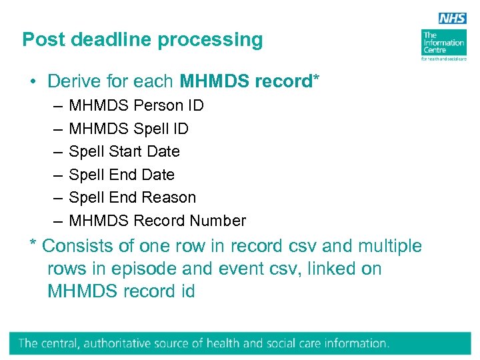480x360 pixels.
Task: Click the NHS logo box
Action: click(x=452, y=19)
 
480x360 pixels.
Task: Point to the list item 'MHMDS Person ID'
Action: click(x=136, y=105)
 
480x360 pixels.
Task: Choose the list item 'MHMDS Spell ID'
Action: click(x=129, y=129)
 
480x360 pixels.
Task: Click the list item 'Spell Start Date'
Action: click(x=125, y=151)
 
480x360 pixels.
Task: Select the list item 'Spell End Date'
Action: click(x=122, y=175)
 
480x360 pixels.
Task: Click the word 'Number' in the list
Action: click(x=218, y=221)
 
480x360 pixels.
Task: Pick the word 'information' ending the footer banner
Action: click(x=352, y=343)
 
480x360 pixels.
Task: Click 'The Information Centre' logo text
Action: click(x=443, y=42)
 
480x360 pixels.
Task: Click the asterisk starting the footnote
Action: click(x=33, y=243)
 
